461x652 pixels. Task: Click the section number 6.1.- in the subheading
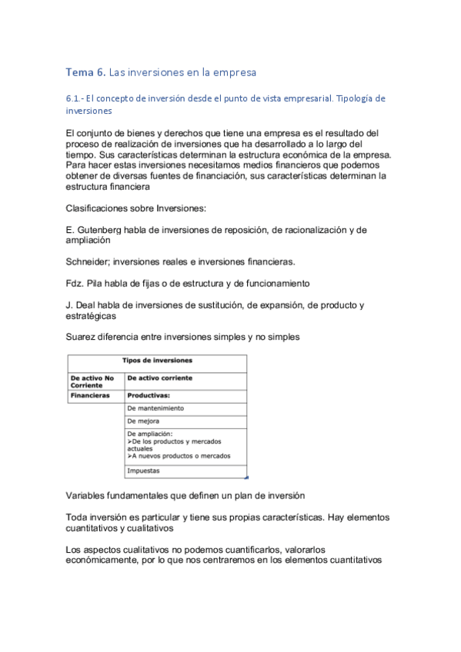click(x=78, y=99)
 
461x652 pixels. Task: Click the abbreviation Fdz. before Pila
click(x=76, y=283)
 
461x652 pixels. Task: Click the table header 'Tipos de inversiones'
click(x=157, y=361)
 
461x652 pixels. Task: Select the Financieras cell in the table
click(x=90, y=396)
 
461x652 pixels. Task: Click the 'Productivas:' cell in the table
click(x=149, y=396)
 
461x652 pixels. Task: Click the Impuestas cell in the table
click(x=144, y=470)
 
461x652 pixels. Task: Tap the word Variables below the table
click(x=89, y=495)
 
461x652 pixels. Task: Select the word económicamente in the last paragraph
click(x=107, y=560)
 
